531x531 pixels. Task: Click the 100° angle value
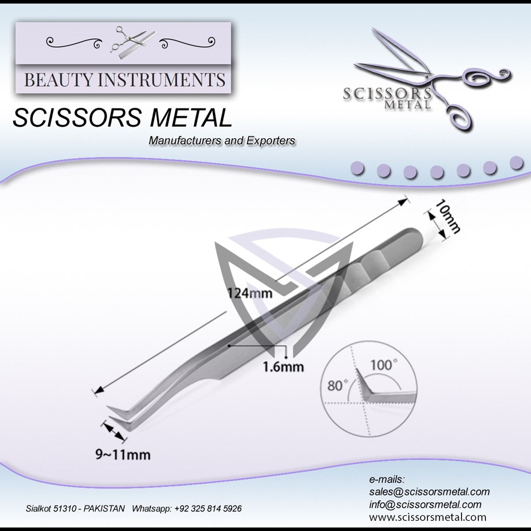[383, 365]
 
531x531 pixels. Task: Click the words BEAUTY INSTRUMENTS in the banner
[125, 80]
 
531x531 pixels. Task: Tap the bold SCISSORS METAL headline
[122, 118]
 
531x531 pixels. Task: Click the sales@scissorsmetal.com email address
[429, 492]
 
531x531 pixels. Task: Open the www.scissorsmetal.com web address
[427, 517]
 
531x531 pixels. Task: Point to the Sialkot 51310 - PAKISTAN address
[75, 509]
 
